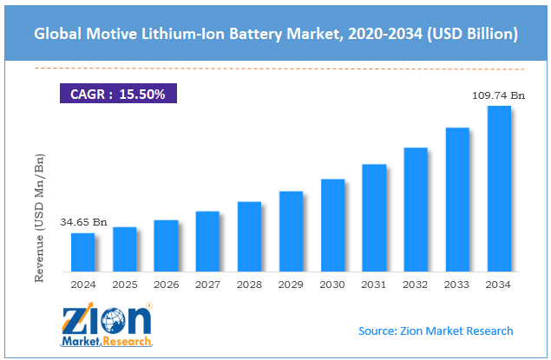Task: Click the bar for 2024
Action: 82,252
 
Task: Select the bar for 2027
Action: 207,240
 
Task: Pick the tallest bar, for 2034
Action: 499,188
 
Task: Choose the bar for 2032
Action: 416,209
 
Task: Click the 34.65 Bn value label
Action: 83,223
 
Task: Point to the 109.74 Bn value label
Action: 498,96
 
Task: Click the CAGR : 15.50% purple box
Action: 116,93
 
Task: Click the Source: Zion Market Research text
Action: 436,331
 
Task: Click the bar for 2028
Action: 249,236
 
